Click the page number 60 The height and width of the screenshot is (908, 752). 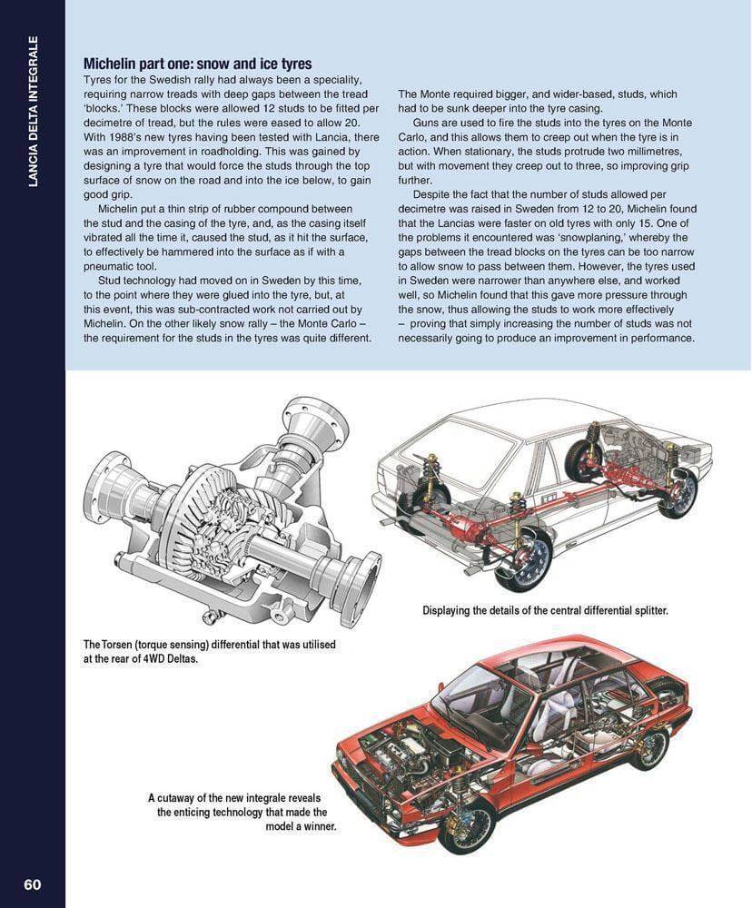[x=32, y=884]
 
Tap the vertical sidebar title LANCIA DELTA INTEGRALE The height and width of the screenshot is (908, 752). [x=33, y=112]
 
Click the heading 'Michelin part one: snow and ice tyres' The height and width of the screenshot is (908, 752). [x=197, y=64]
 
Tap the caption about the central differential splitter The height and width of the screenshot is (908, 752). [x=545, y=610]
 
